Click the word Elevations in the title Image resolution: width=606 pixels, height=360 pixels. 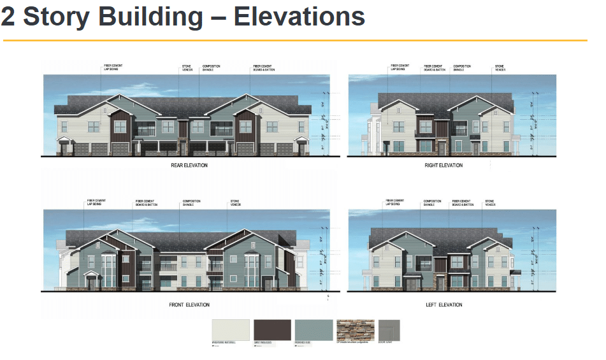pyautogui.click(x=299, y=17)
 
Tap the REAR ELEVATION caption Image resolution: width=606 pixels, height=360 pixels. pyautogui.click(x=189, y=166)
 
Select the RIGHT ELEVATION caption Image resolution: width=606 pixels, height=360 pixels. pyautogui.click(x=444, y=166)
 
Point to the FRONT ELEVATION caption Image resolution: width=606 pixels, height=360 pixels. pyautogui.click(x=189, y=305)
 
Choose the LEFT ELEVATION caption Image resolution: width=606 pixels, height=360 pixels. pyautogui.click(x=444, y=305)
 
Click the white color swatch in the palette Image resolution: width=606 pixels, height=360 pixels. pyautogui.click(x=231, y=330)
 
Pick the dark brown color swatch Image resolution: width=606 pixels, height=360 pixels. pyautogui.click(x=272, y=330)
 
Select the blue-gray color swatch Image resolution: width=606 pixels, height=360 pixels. pyautogui.click(x=314, y=330)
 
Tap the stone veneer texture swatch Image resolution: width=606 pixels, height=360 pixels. pyautogui.click(x=354, y=330)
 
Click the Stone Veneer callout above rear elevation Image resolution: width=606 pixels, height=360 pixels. pyautogui.click(x=187, y=68)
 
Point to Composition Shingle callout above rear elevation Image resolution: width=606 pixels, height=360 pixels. pyautogui.click(x=212, y=68)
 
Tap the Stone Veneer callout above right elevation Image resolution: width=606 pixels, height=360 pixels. pyautogui.click(x=500, y=68)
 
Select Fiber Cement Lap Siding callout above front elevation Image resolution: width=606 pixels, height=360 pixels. pyautogui.click(x=96, y=203)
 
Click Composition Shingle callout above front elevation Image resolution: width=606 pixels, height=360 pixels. pyautogui.click(x=191, y=203)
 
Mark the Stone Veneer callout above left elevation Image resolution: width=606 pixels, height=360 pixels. pyautogui.click(x=490, y=203)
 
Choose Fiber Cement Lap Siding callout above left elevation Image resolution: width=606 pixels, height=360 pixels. pyautogui.click(x=395, y=203)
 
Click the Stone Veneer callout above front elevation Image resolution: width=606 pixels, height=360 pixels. pyautogui.click(x=235, y=203)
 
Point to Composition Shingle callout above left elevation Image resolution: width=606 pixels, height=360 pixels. pyautogui.click(x=432, y=203)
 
